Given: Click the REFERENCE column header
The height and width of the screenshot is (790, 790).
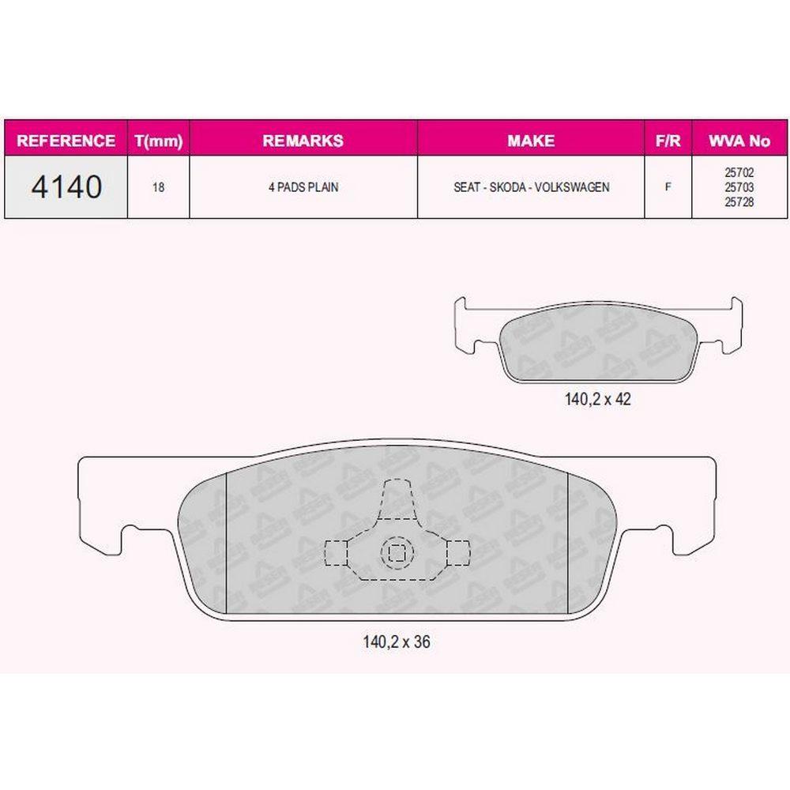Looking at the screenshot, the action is pos(66,141).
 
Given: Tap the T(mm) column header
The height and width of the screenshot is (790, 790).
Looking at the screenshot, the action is pos(159,141).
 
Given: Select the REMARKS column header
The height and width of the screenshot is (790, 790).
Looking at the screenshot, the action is pos(303,141).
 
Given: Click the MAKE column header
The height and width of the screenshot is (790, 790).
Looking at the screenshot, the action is pos(531,141).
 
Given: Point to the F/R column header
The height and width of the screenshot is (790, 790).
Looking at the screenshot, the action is pos(668,141).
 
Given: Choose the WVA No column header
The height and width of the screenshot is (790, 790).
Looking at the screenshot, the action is pos(739,141).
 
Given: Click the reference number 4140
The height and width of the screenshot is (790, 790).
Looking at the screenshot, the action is pos(66,187).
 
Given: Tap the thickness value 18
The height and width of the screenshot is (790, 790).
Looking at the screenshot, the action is pos(158,187).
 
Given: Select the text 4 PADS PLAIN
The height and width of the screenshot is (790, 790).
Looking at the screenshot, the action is pos(303,187).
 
